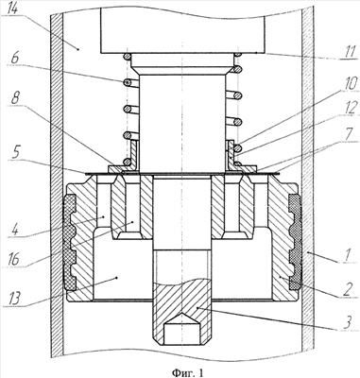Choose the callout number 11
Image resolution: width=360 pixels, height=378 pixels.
coord(349,51)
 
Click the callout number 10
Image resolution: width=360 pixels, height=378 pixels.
coord(348,85)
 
